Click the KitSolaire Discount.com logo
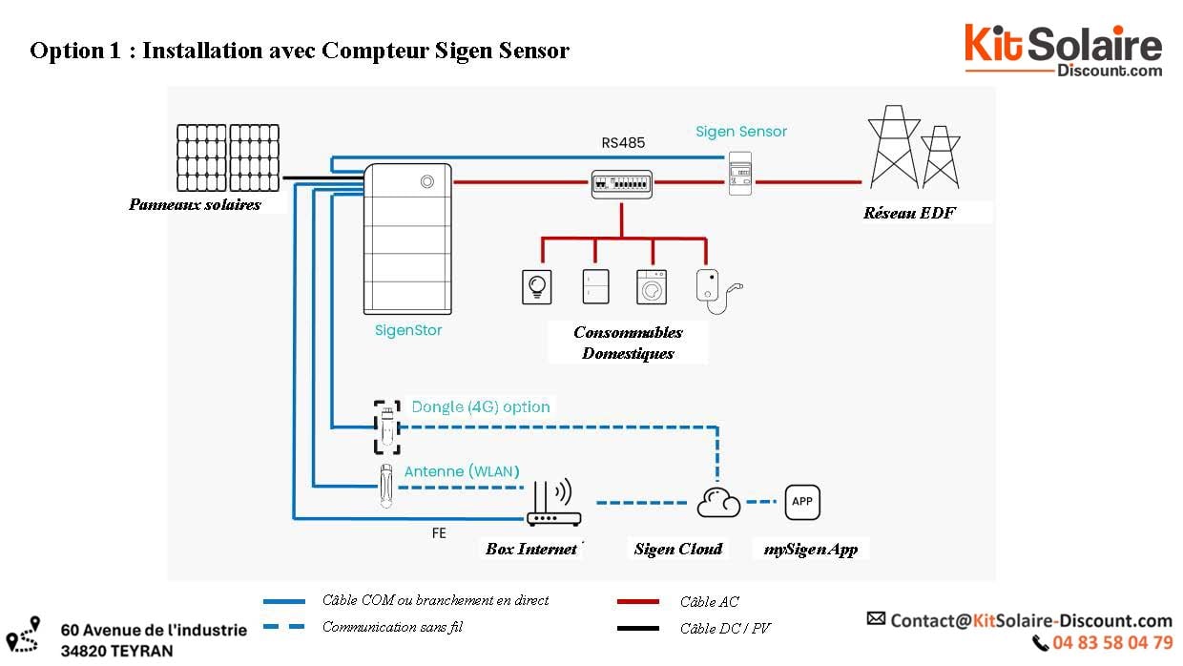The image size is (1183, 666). point(1063,51)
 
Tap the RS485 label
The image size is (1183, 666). point(622,143)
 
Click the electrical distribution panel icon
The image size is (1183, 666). point(621,184)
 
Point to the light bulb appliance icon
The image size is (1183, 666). point(537,287)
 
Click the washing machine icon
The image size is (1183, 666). point(652,286)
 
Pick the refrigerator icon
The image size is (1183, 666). point(595,286)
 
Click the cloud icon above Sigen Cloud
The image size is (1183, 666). point(718,502)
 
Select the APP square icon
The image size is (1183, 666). point(802,502)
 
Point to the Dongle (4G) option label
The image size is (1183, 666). point(481,406)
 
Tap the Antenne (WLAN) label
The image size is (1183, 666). point(462,471)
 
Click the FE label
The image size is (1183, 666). point(439,533)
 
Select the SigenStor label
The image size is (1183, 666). point(408,330)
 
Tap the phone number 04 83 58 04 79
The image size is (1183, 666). point(1112,643)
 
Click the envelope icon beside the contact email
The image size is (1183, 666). point(876,619)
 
